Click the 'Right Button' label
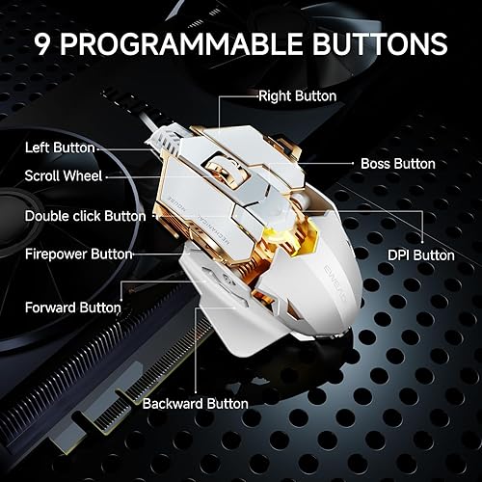tap(297, 96)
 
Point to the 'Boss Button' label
tap(397, 164)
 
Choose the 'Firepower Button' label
tap(77, 254)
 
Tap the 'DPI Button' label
tap(421, 255)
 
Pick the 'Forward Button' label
tap(72, 308)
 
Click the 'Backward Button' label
tap(195, 404)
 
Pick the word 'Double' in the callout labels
tap(48, 217)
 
